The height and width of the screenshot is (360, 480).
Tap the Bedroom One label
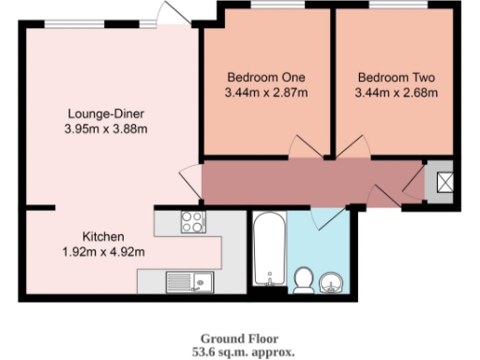click(266, 77)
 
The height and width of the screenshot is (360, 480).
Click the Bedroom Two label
click(397, 77)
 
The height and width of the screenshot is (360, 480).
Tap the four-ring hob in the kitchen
click(191, 222)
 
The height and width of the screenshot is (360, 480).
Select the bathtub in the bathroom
click(269, 251)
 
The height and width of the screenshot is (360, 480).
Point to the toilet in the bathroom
click(303, 279)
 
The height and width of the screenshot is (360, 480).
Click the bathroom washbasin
click(331, 280)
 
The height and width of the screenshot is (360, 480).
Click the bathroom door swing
click(328, 217)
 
